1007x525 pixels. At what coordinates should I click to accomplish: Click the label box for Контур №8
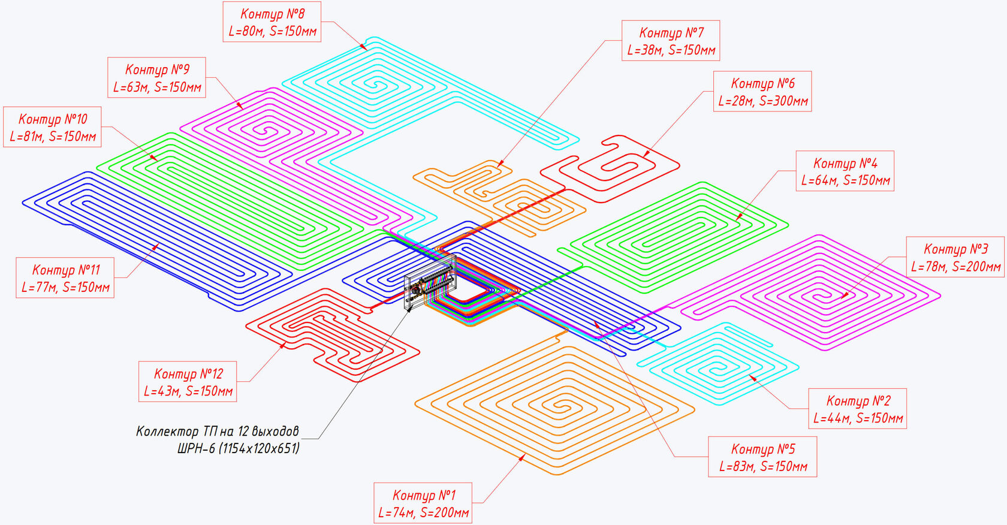pyautogui.click(x=272, y=22)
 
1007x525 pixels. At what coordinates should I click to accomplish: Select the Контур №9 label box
pyautogui.click(x=157, y=78)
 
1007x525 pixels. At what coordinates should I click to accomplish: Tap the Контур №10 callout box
pyautogui.click(x=53, y=127)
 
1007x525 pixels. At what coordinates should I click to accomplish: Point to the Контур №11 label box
pyautogui.click(x=65, y=278)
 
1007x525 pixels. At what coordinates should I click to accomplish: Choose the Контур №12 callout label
pyautogui.click(x=188, y=382)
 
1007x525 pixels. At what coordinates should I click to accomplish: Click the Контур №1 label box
pyautogui.click(x=423, y=503)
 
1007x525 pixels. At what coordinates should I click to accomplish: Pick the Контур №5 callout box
pyautogui.click(x=762, y=457)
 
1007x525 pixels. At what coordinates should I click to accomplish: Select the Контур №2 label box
pyautogui.click(x=858, y=409)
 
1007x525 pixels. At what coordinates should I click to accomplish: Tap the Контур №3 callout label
pyautogui.click(x=955, y=257)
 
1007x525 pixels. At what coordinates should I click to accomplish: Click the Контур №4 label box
pyautogui.click(x=845, y=171)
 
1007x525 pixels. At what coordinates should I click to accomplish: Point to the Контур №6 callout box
pyautogui.click(x=763, y=92)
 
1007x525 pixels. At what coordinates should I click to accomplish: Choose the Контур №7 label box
pyautogui.click(x=671, y=41)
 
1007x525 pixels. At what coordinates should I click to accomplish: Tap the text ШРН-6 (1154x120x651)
pyautogui.click(x=239, y=448)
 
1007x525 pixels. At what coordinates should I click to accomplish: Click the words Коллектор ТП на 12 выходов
pyautogui.click(x=218, y=432)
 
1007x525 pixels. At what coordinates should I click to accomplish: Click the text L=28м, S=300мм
pyautogui.click(x=763, y=101)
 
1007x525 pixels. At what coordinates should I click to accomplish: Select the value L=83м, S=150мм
pyautogui.click(x=762, y=466)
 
